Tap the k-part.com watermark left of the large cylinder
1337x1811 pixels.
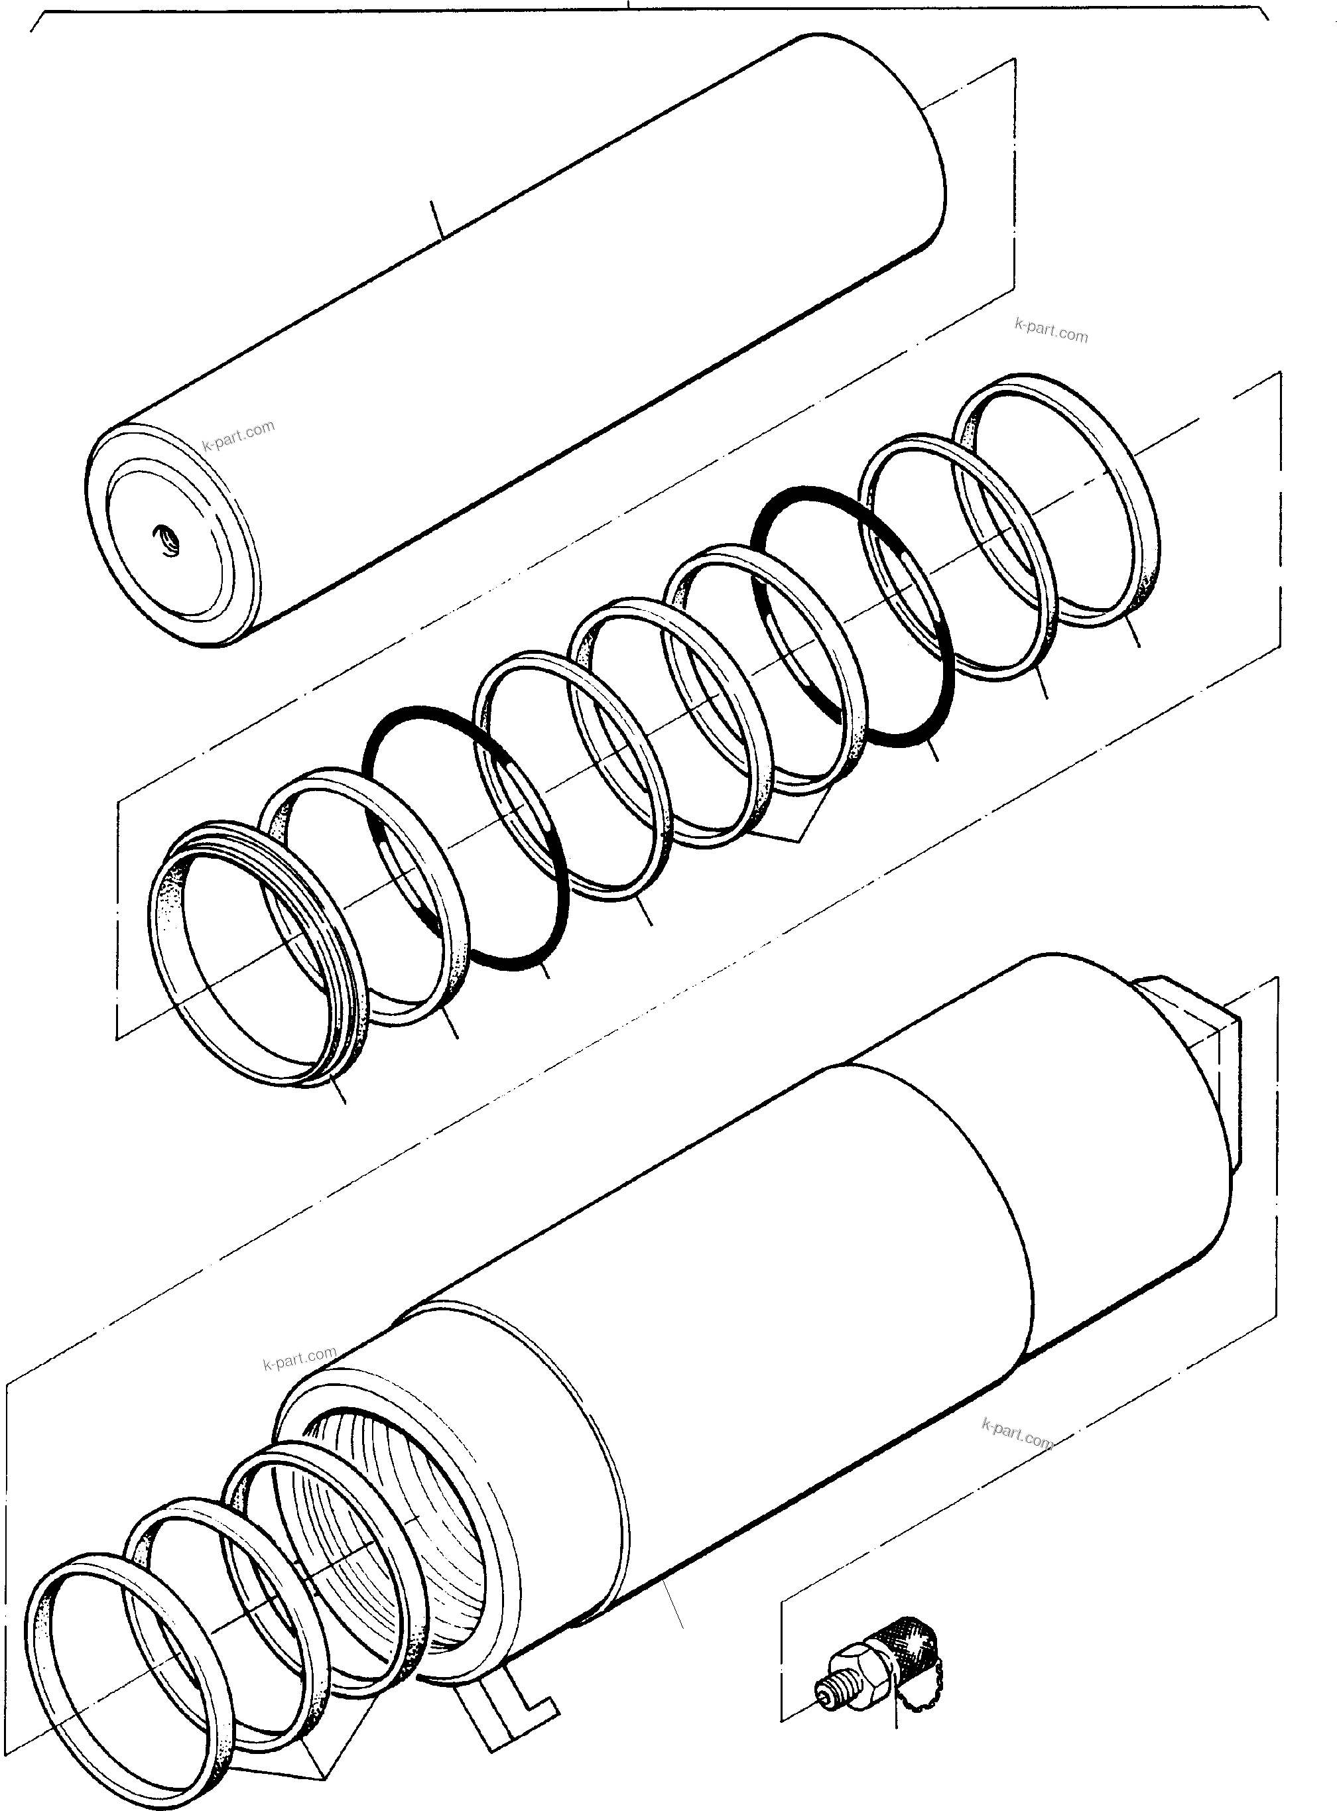point(300,1359)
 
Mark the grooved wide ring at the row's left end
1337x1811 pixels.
point(166,955)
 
